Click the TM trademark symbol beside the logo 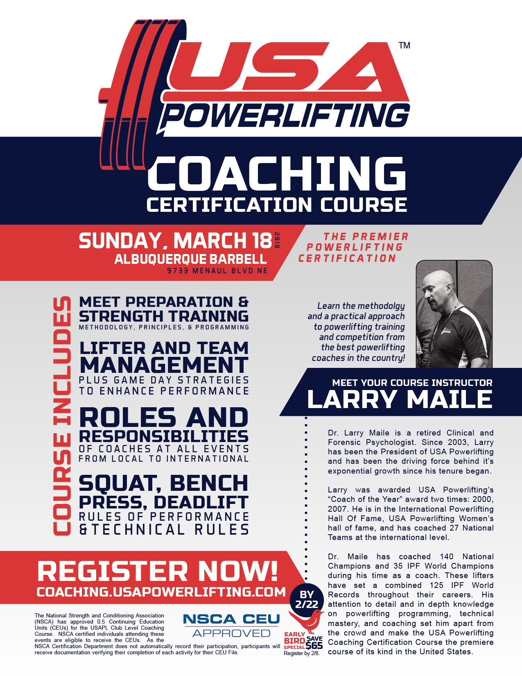[404, 45]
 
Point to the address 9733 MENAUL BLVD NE [217, 271]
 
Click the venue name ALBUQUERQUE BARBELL [191, 259]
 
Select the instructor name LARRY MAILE [400, 399]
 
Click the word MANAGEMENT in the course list [164, 365]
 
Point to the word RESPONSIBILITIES [163, 436]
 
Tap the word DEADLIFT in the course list [201, 502]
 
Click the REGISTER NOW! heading [157, 571]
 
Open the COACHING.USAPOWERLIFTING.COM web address [161, 592]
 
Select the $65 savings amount [314, 646]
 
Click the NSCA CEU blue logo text [232, 619]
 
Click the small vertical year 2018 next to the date [277, 240]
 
